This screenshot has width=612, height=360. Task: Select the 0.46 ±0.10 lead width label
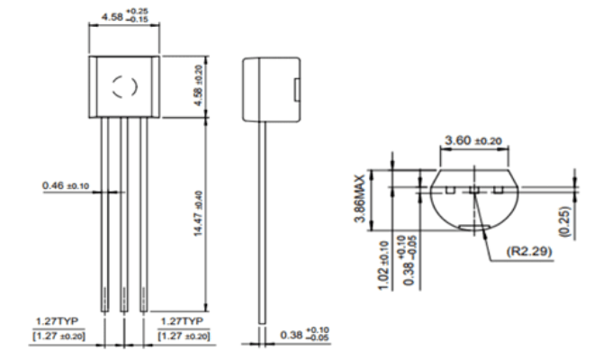(66, 185)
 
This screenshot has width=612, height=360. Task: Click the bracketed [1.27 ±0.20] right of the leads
(184, 336)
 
